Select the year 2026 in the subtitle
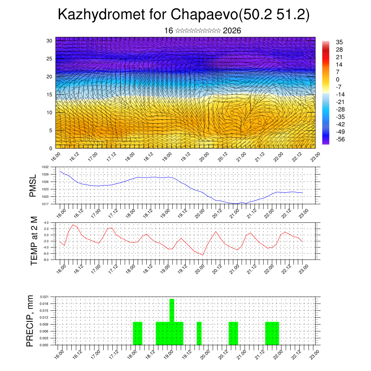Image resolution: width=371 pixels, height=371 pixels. (232, 31)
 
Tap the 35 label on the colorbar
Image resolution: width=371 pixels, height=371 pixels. (339, 42)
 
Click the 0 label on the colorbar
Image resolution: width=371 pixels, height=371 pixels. (338, 79)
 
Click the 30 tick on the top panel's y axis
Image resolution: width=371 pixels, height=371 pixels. (49, 41)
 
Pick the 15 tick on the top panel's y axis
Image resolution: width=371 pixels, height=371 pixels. (49, 95)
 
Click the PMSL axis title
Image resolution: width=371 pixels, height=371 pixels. (33, 185)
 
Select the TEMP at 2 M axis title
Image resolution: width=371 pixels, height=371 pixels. (34, 241)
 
